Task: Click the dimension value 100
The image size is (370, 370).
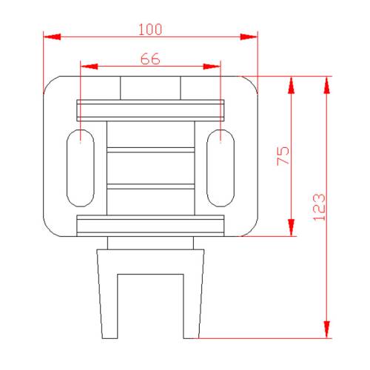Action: tap(150, 29)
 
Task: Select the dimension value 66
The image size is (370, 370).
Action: tap(150, 60)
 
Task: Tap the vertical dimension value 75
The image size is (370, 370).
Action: tap(283, 156)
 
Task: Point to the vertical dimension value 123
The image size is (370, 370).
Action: tap(318, 207)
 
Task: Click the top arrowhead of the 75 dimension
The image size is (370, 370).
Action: tap(292, 84)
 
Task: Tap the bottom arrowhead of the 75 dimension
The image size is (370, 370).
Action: tap(292, 229)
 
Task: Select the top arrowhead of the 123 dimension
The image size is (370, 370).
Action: tap(326, 84)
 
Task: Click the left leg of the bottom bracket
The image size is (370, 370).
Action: tap(108, 296)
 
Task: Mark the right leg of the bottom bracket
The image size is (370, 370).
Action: tap(194, 296)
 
